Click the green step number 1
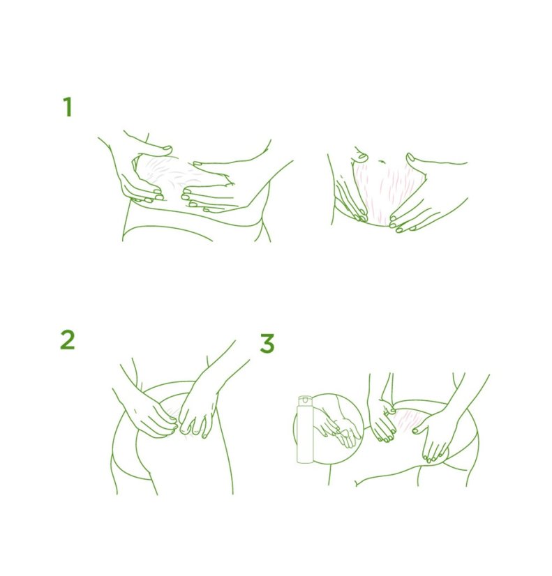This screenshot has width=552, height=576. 67,107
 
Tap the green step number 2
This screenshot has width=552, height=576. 67,340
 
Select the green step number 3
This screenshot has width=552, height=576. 267,343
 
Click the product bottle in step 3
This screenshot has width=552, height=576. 305,429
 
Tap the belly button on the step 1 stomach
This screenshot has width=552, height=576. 382,161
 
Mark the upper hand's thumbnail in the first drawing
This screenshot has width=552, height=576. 167,149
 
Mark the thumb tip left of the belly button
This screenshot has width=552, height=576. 362,157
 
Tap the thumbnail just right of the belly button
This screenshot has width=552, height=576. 410,158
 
